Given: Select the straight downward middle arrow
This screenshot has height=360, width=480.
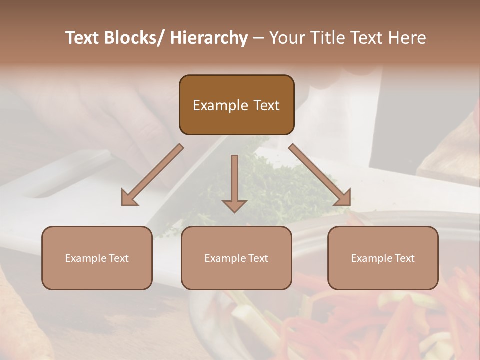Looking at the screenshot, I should [x=234, y=180].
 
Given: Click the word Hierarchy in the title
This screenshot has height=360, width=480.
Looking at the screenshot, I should [x=209, y=38].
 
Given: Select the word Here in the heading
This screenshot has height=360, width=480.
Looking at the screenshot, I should [x=407, y=38].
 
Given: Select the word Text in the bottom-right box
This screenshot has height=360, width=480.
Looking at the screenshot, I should [x=404, y=258].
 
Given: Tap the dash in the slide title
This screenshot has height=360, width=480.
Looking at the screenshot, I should [x=258, y=38].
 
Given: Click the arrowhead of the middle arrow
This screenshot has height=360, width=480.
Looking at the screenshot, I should [x=234, y=205].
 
